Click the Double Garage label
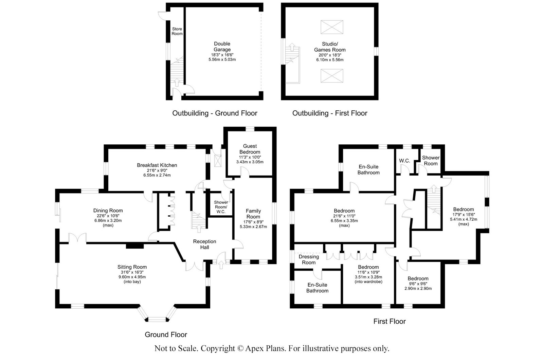coord(222,47)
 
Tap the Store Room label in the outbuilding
coord(177,31)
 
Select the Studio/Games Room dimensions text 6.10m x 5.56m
coord(330,60)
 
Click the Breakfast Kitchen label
coord(157,165)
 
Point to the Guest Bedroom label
coord(250,149)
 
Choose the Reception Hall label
coord(204,244)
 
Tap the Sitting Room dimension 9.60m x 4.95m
coord(132,277)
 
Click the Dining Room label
coord(108,211)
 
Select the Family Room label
coord(253,214)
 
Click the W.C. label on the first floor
coord(404,161)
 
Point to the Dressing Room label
coord(309,259)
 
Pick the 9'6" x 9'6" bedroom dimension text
coord(418,284)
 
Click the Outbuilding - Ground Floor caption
coord(215,113)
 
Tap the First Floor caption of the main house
coord(389,321)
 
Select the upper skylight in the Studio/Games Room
coord(332,27)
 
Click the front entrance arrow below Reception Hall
coord(221,264)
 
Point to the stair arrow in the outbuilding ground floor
coord(177,83)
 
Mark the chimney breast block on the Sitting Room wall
coord(135,246)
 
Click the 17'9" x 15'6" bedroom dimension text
coord(464,215)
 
